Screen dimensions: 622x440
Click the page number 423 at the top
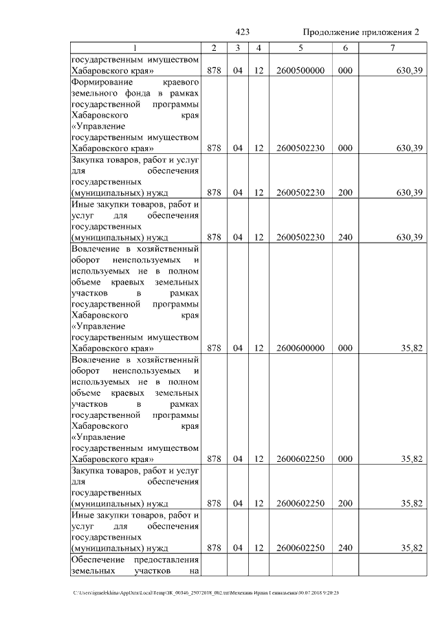click(x=242, y=32)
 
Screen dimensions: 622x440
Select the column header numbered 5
click(x=300, y=47)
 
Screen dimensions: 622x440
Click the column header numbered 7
click(x=392, y=47)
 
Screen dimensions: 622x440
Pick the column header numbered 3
click(x=236, y=47)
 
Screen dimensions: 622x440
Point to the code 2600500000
click(x=300, y=71)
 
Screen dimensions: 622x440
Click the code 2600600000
click(x=300, y=348)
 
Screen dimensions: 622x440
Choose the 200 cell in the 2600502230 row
click(x=345, y=192)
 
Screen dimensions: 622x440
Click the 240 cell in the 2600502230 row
click(x=345, y=237)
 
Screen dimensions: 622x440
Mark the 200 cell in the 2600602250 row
click(x=345, y=503)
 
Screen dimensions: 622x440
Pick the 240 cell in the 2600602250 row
click(x=345, y=548)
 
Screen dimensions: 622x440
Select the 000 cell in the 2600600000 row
click(x=345, y=348)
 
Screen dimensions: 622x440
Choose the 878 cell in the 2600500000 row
click(x=214, y=71)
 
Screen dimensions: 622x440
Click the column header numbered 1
click(x=135, y=47)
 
